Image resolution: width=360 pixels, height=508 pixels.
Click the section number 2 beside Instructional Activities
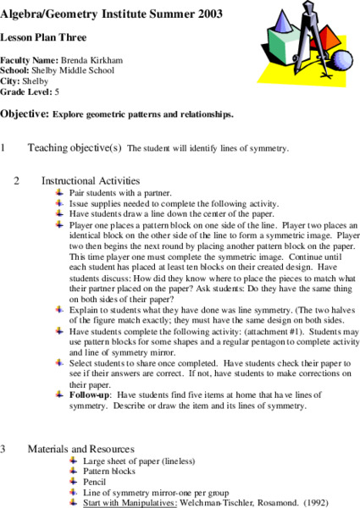(17, 180)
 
